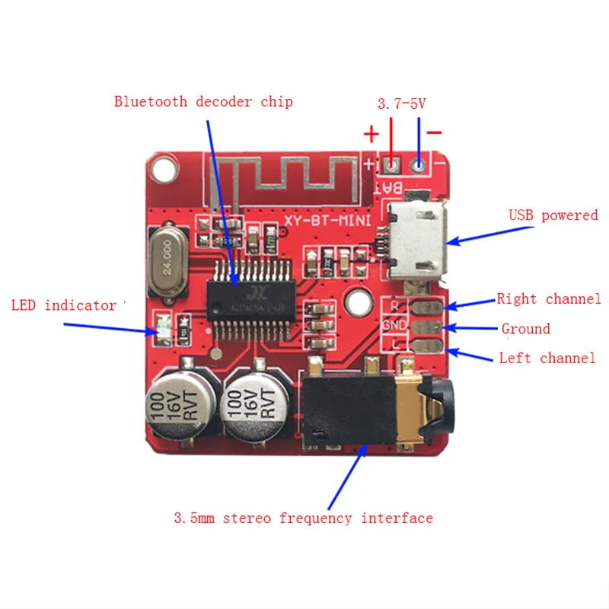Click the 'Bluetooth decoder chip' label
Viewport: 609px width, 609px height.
[x=203, y=101]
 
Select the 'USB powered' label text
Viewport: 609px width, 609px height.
[x=553, y=215]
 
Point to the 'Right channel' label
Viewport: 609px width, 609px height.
[x=549, y=299]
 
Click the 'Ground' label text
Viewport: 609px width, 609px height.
[x=525, y=329]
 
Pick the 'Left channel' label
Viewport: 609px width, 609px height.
[x=547, y=358]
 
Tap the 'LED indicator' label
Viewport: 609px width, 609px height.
[x=64, y=306]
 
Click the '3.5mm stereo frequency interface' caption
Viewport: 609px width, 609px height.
[x=303, y=518]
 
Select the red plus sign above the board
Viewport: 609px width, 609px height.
[x=371, y=135]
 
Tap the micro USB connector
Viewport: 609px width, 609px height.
[x=414, y=242]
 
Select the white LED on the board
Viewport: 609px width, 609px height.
[x=162, y=324]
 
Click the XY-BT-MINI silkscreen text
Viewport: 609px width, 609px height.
[x=327, y=222]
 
